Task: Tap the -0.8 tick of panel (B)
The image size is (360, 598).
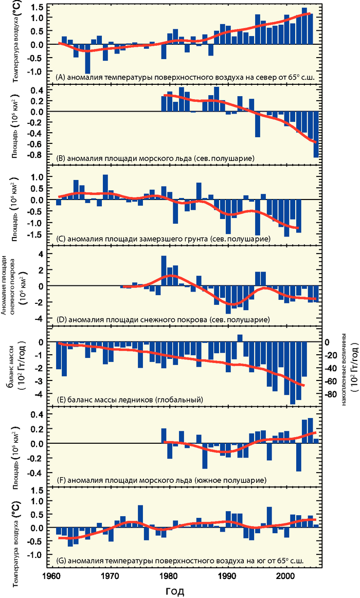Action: click(x=37, y=153)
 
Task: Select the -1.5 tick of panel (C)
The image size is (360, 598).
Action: click(x=37, y=234)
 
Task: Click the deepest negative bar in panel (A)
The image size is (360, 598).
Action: click(x=88, y=59)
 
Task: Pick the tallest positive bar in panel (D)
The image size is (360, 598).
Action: click(x=164, y=270)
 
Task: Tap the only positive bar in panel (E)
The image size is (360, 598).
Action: click(x=240, y=338)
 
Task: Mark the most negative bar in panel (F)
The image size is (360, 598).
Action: click(x=298, y=457)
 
